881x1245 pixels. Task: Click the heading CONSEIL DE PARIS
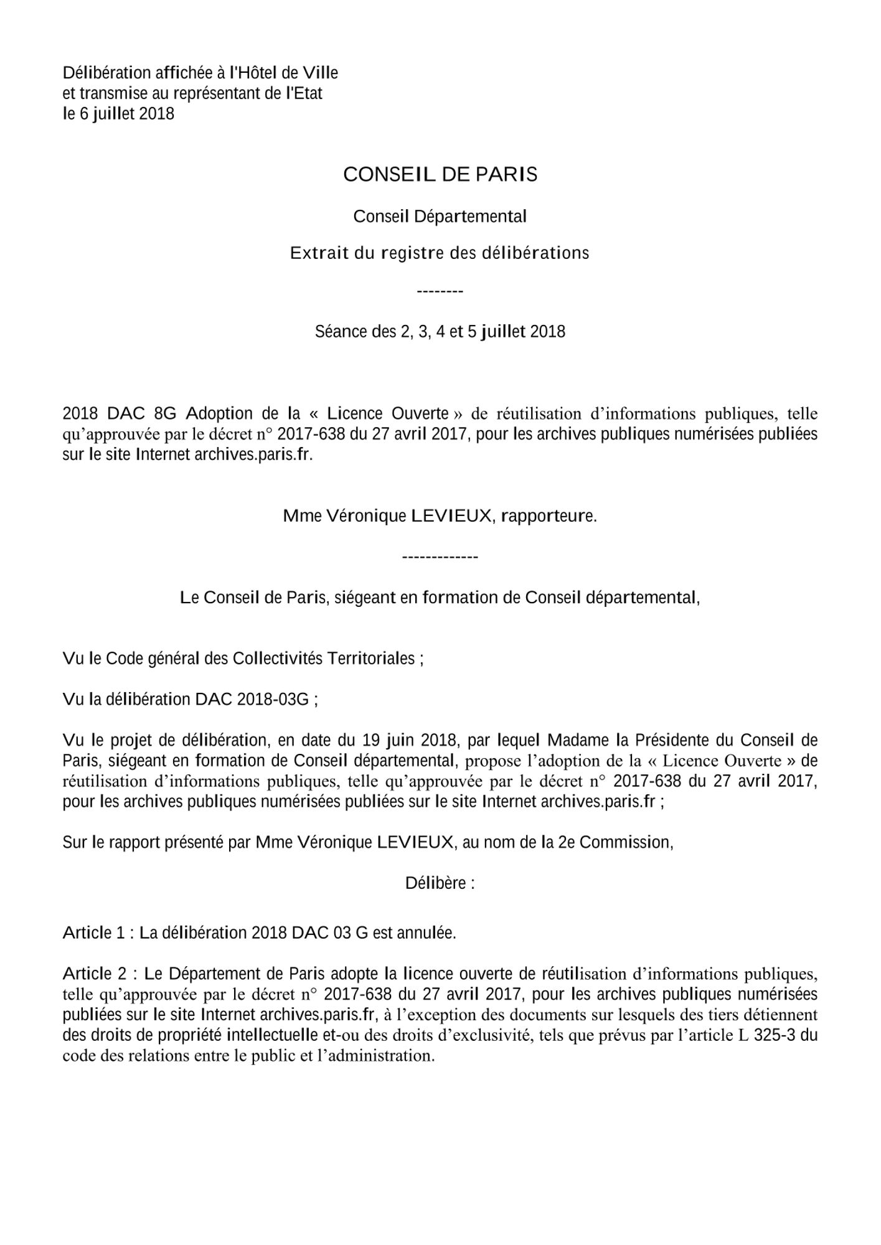(440, 174)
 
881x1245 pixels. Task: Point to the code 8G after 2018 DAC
(161, 413)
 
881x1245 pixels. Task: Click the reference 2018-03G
(273, 699)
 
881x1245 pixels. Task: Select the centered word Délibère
(440, 883)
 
